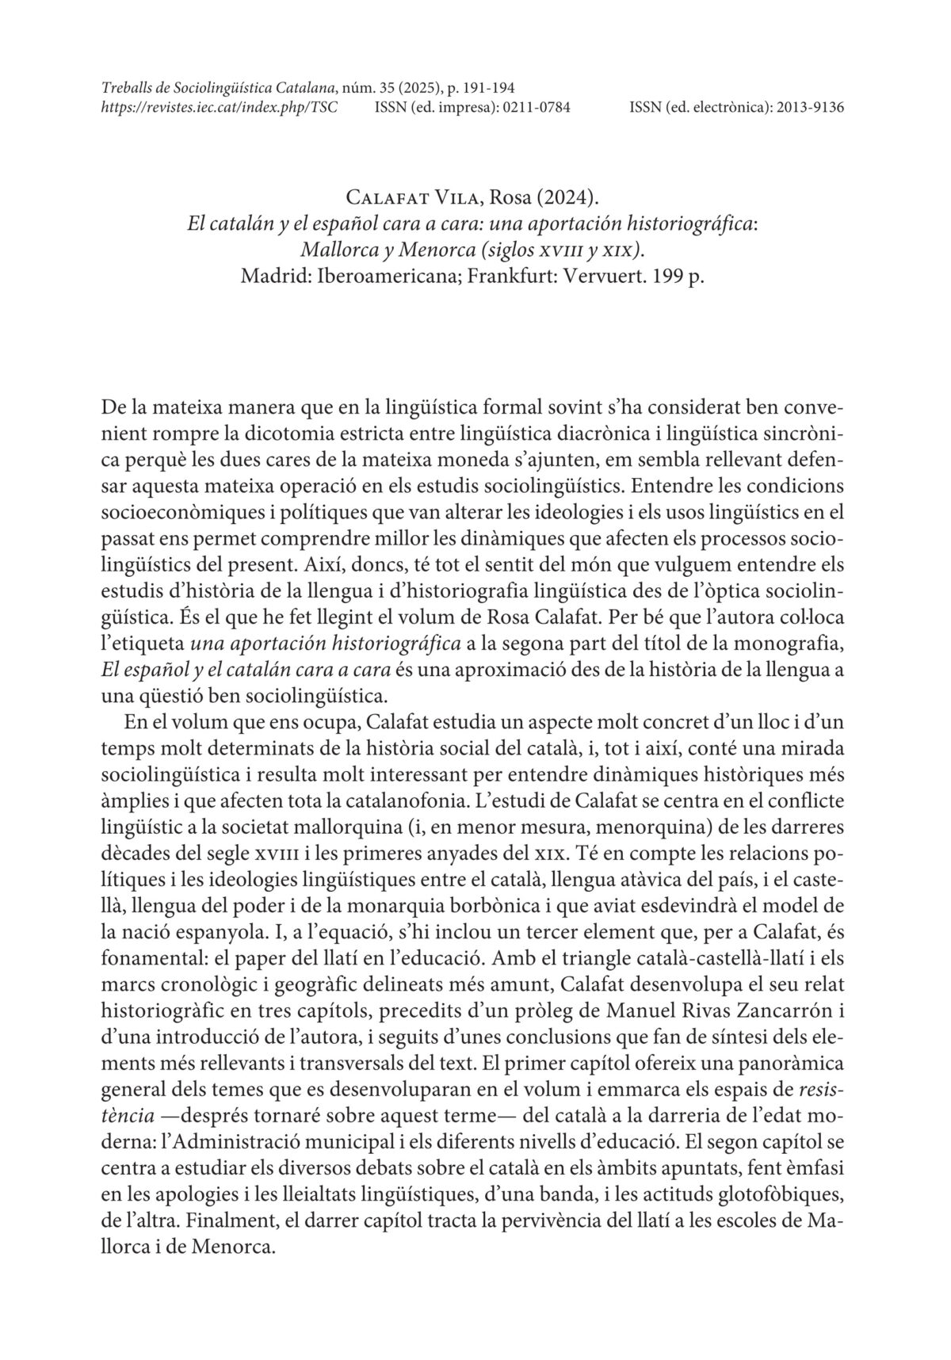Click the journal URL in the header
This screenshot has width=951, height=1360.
click(x=220, y=106)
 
